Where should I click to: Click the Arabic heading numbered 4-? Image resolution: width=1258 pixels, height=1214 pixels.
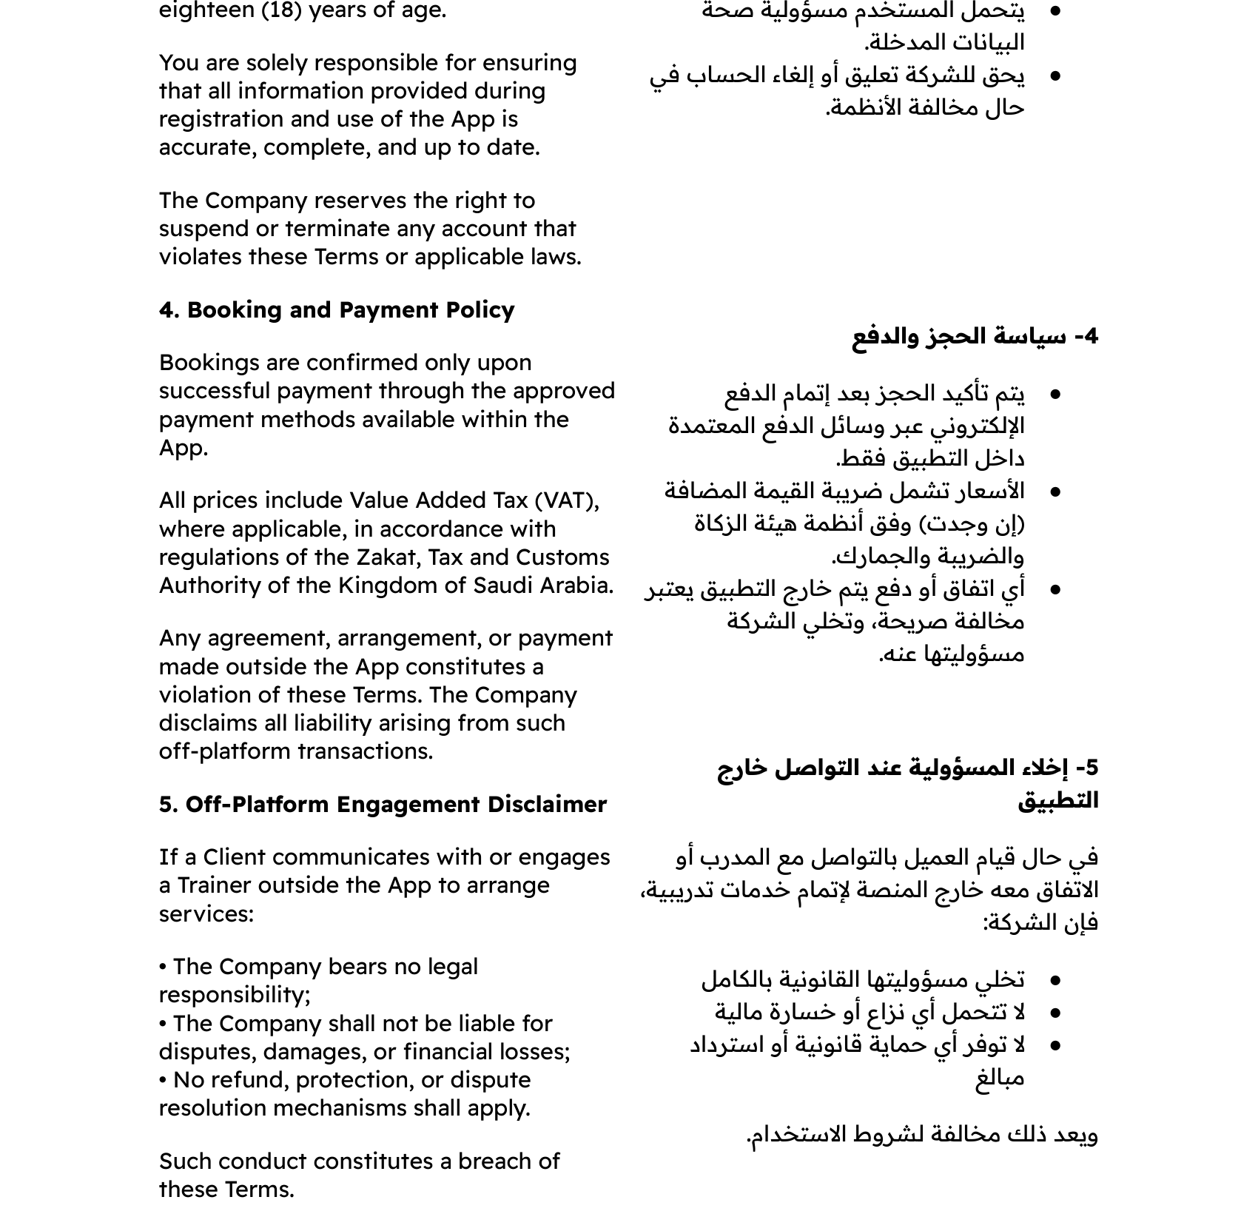tap(975, 337)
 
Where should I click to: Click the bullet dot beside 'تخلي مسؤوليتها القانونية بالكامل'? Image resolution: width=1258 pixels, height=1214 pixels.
tap(1055, 981)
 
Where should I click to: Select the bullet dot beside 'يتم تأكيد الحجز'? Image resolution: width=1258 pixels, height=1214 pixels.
tap(1055, 395)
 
